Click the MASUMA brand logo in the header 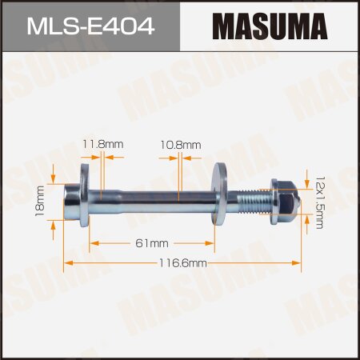(270, 23)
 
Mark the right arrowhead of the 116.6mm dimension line (298, 262)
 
